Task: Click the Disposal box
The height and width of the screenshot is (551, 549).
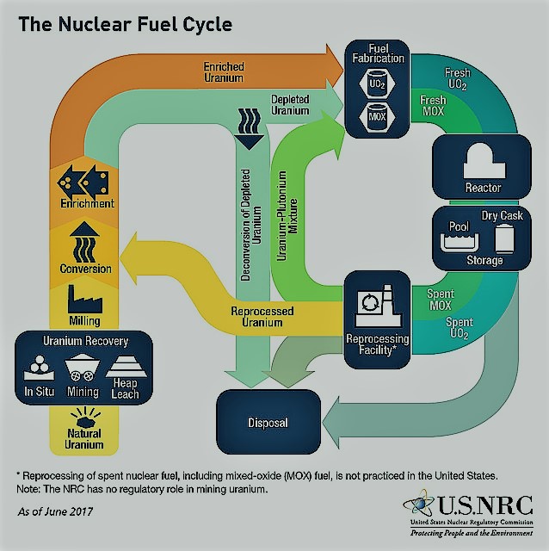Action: click(268, 422)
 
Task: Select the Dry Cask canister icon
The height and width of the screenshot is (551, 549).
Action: click(504, 238)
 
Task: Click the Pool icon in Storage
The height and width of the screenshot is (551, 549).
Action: click(460, 242)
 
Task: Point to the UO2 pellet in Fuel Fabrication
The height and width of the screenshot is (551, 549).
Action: click(377, 84)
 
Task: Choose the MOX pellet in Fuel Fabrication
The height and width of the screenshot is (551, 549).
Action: click(377, 117)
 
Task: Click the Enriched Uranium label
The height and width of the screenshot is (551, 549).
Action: click(224, 72)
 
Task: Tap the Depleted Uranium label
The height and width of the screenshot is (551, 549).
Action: click(290, 105)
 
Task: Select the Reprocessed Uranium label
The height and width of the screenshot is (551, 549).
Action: click(262, 317)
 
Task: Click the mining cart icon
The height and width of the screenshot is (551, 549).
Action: click(83, 368)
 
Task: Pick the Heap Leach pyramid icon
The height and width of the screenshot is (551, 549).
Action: click(126, 366)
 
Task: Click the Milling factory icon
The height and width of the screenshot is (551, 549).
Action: click(85, 300)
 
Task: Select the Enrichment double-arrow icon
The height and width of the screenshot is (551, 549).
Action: click(83, 182)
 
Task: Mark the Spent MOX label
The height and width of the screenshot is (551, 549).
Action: click(440, 300)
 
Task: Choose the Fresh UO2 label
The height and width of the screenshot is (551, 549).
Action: click(457, 78)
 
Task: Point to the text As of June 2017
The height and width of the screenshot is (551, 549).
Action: click(55, 511)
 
